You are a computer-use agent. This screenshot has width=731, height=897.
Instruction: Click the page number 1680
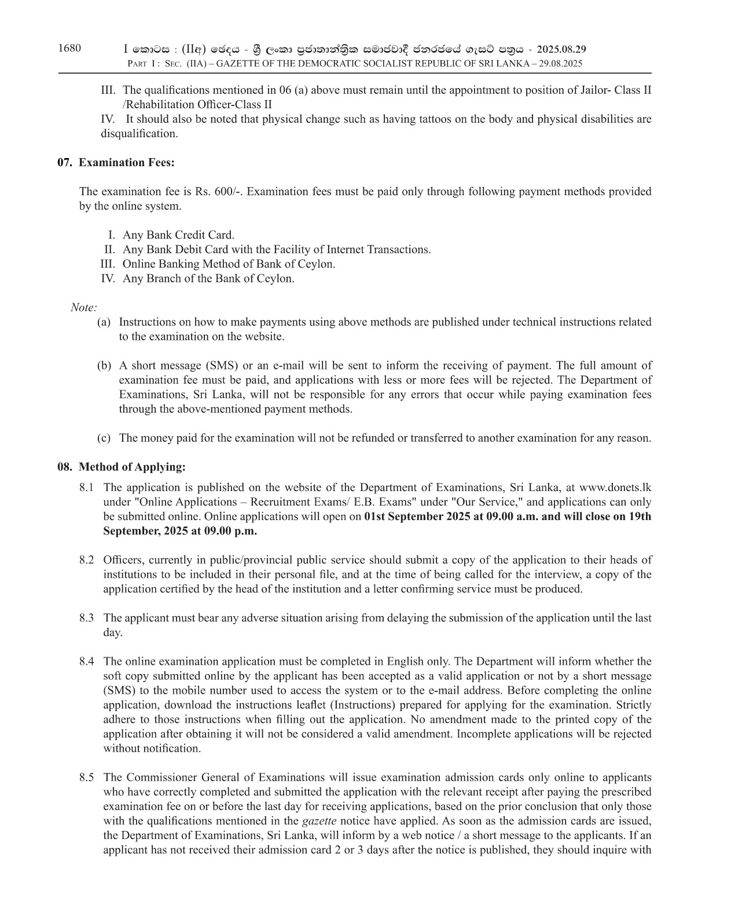click(x=69, y=48)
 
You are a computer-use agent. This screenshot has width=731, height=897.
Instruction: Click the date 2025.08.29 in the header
click(x=561, y=49)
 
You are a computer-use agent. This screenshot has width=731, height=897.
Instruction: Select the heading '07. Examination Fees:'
click(x=116, y=163)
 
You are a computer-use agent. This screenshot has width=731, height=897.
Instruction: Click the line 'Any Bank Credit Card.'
click(x=178, y=235)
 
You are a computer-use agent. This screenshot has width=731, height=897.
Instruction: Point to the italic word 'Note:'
click(x=84, y=307)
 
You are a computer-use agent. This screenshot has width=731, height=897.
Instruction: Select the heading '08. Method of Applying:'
click(x=122, y=467)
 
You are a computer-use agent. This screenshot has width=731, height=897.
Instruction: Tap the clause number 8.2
click(x=87, y=560)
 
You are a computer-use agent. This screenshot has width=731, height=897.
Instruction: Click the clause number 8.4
click(x=87, y=661)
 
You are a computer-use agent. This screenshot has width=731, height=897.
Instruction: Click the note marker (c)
click(x=104, y=438)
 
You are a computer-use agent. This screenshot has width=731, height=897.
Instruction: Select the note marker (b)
click(x=104, y=366)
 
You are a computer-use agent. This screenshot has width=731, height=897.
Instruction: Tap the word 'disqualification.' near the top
click(x=139, y=134)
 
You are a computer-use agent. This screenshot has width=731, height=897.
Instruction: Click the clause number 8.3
click(x=87, y=618)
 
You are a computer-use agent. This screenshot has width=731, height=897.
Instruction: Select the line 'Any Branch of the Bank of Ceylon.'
click(x=208, y=279)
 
